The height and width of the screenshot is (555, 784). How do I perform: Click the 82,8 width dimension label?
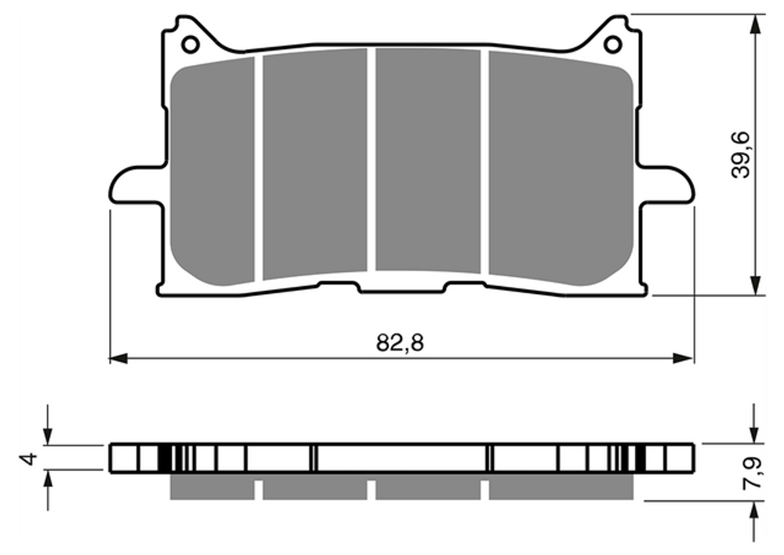pos(400,343)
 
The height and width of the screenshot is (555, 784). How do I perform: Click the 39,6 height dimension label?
pos(741,154)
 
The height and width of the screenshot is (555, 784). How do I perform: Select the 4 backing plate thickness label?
pos(30,458)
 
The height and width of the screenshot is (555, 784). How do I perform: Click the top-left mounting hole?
pos(190,45)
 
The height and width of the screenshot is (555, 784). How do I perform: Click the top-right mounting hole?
pos(612,45)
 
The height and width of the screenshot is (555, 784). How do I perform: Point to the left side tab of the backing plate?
pos(136,184)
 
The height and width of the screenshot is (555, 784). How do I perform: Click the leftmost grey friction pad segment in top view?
pos(212,171)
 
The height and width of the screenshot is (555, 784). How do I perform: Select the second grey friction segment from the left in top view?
pos(315,164)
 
